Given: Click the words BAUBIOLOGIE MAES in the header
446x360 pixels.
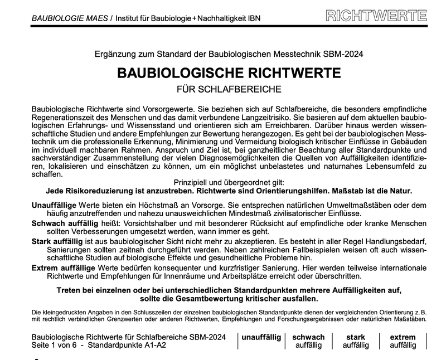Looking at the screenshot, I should [69, 18].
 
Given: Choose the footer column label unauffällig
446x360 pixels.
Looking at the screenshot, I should [261, 338].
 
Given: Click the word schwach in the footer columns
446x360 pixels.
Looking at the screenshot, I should [308, 337].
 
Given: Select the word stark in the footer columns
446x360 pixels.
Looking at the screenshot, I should [356, 337].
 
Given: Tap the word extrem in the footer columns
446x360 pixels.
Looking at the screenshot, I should [403, 337].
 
